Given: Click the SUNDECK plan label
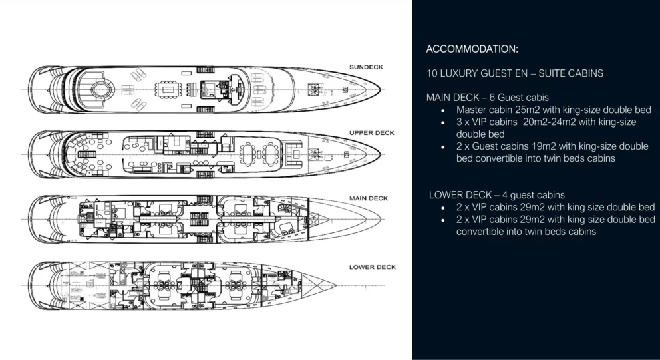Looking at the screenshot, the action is pyautogui.click(x=366, y=67).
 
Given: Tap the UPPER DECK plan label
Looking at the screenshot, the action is pyautogui.click(x=372, y=133).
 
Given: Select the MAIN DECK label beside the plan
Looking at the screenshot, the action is pyautogui.click(x=369, y=198).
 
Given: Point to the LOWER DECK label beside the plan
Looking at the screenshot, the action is pyautogui.click(x=373, y=267).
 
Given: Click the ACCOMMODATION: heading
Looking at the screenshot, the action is pyautogui.click(x=472, y=49).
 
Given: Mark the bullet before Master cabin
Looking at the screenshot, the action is pyautogui.click(x=443, y=110).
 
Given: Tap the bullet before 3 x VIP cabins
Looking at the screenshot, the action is pyautogui.click(x=443, y=123).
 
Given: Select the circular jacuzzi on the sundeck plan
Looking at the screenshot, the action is pyautogui.click(x=100, y=90).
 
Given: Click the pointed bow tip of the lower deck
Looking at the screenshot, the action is pyautogui.click(x=335, y=285).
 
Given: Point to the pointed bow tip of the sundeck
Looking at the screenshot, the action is pyautogui.click(x=380, y=90).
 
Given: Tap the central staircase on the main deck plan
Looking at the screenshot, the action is pyautogui.click(x=199, y=219).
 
